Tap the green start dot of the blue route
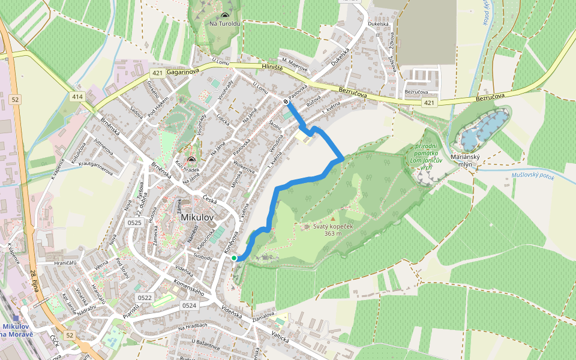pyautogui.click(x=234, y=258)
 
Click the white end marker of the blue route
pyautogui.click(x=286, y=101)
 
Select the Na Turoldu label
pyautogui.click(x=224, y=24)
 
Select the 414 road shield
pyautogui.click(x=77, y=97)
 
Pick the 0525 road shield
pyautogui.click(x=135, y=223)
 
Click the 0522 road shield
pyautogui.click(x=145, y=298)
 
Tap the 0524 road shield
pyautogui.click(x=189, y=305)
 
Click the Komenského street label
pyautogui.click(x=190, y=289)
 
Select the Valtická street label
pyautogui.click(x=280, y=337)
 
